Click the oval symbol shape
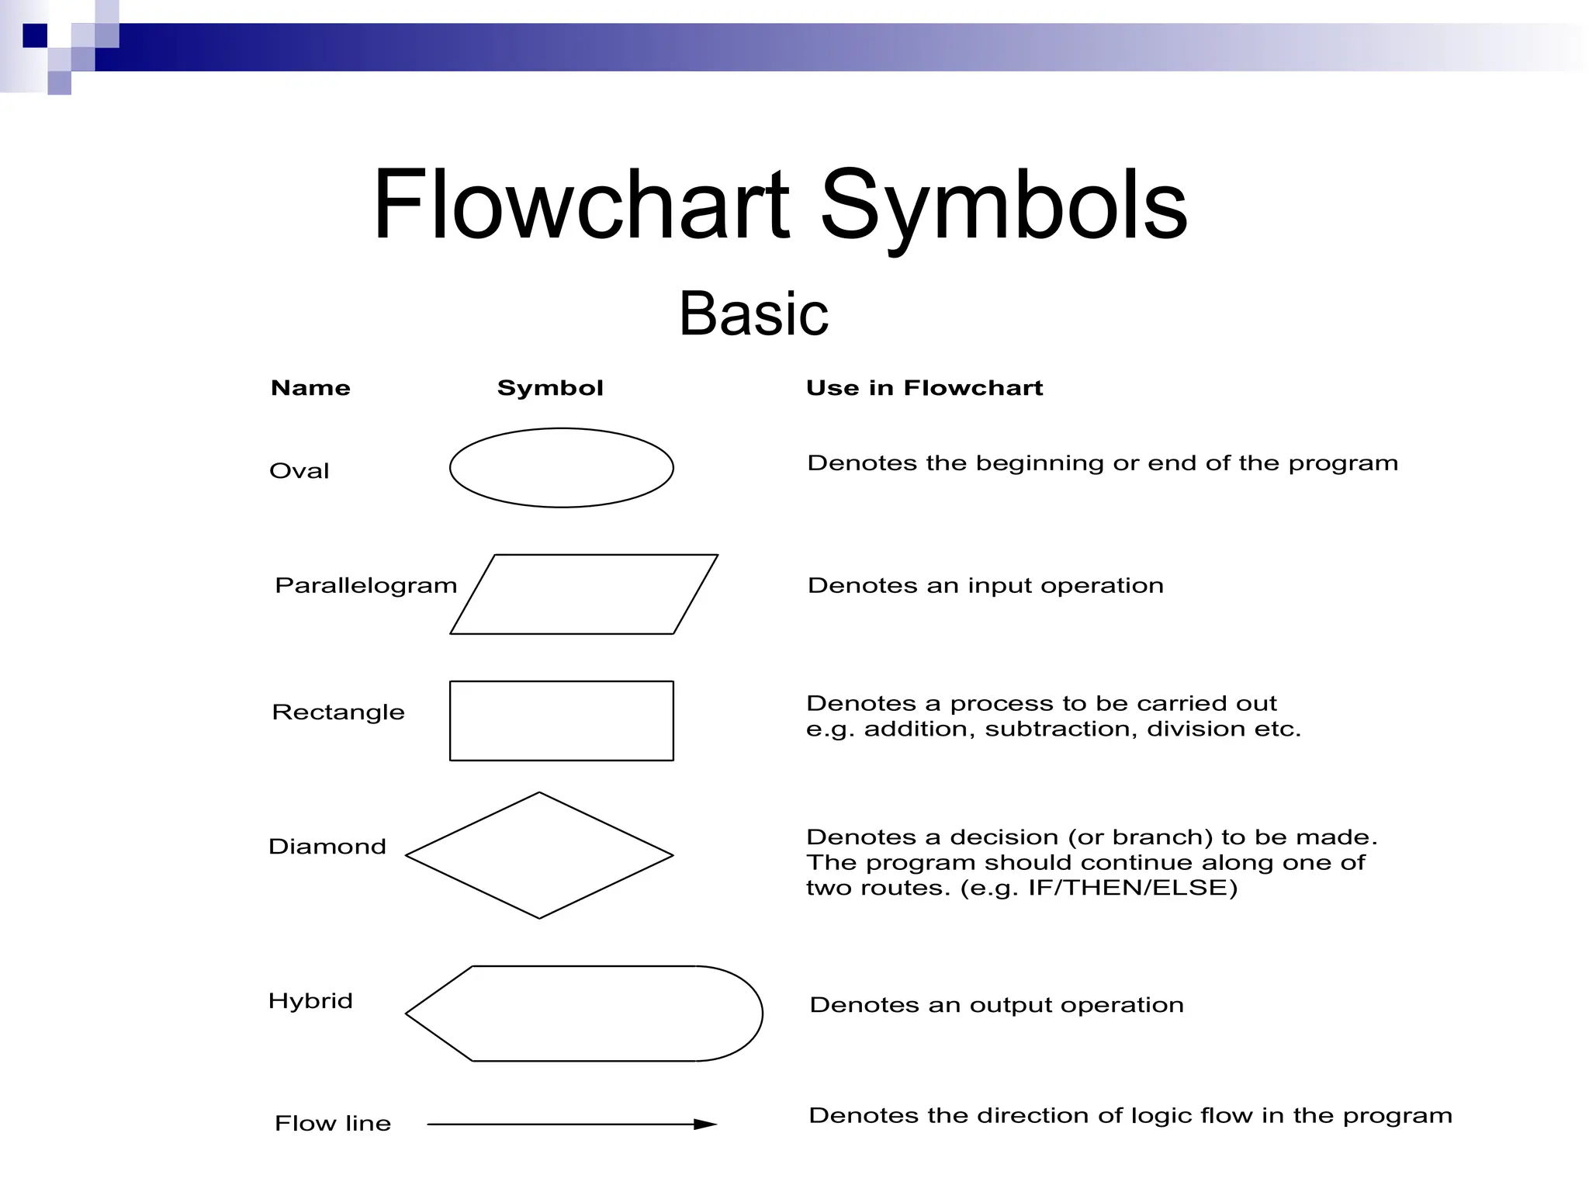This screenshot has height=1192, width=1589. (x=561, y=468)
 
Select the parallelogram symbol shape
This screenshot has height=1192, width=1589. (x=583, y=594)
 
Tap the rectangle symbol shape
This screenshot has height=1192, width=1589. (x=561, y=721)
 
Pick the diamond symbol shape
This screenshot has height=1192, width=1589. (x=539, y=855)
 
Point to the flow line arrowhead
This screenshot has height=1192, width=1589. (x=706, y=1124)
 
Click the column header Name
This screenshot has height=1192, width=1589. (x=310, y=388)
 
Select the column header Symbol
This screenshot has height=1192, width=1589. (x=550, y=388)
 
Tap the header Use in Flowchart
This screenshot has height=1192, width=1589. (x=924, y=388)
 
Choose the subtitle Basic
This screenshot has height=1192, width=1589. (x=753, y=314)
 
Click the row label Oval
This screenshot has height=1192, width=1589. (x=299, y=471)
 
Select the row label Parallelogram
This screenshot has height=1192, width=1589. (x=366, y=585)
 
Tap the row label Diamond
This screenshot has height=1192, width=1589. (x=327, y=846)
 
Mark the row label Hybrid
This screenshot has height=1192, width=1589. (x=310, y=1001)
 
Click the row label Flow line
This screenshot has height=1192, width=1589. (x=333, y=1124)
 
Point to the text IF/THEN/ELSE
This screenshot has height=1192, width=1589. (x=1131, y=888)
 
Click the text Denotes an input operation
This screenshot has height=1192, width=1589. (x=985, y=585)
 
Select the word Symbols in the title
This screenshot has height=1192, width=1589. (x=1003, y=206)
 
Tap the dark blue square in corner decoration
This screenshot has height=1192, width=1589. (x=35, y=36)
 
